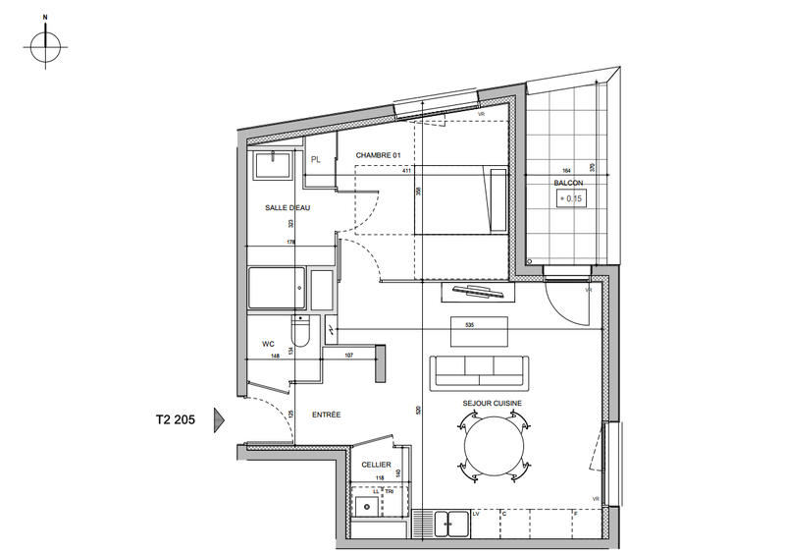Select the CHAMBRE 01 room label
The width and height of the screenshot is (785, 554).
tap(379, 155)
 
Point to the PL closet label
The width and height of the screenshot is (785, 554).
tap(316, 159)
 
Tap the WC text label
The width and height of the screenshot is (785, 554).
tap(267, 344)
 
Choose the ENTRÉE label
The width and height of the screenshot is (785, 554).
tap(326, 415)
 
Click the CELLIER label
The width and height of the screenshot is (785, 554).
tap(376, 465)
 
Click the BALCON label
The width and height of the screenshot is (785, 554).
tap(568, 184)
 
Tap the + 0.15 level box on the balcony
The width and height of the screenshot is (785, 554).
tap(570, 198)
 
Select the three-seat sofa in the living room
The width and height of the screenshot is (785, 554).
tap(478, 371)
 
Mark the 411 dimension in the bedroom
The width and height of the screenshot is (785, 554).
tap(406, 171)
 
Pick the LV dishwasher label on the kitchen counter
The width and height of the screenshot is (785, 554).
tap(476, 513)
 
